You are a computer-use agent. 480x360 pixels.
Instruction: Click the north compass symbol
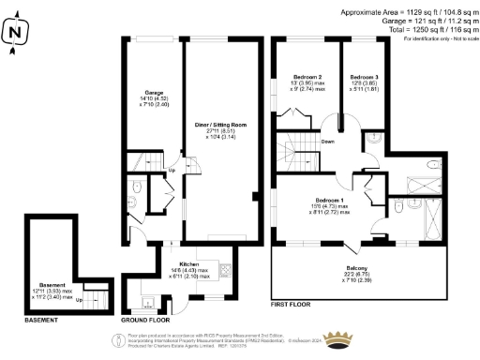click(12, 31)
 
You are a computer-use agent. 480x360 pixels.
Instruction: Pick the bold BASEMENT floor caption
click(40, 321)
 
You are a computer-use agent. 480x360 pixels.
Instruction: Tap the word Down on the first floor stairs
click(327, 142)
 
